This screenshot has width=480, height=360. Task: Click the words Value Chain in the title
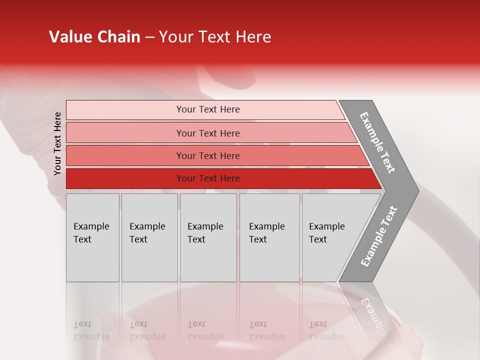coord(94,37)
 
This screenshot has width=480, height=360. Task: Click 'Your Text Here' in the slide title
coord(215,37)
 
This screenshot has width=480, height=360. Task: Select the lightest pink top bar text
coord(208,109)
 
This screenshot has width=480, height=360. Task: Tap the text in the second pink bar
coord(208,133)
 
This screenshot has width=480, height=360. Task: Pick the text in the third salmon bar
coord(208,156)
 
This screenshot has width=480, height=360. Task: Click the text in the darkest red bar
coord(208,178)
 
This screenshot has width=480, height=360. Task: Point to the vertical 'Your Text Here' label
coord(57,143)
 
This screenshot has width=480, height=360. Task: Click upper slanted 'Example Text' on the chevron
coord(377,142)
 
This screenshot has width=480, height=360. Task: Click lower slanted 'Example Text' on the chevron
coord(378,236)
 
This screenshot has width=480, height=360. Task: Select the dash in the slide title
coord(149,37)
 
